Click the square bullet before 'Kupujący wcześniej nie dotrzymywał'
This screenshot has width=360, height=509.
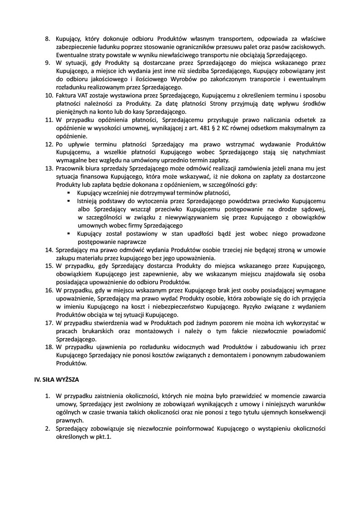click(68, 193)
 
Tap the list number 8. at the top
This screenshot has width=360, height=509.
click(48, 39)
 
